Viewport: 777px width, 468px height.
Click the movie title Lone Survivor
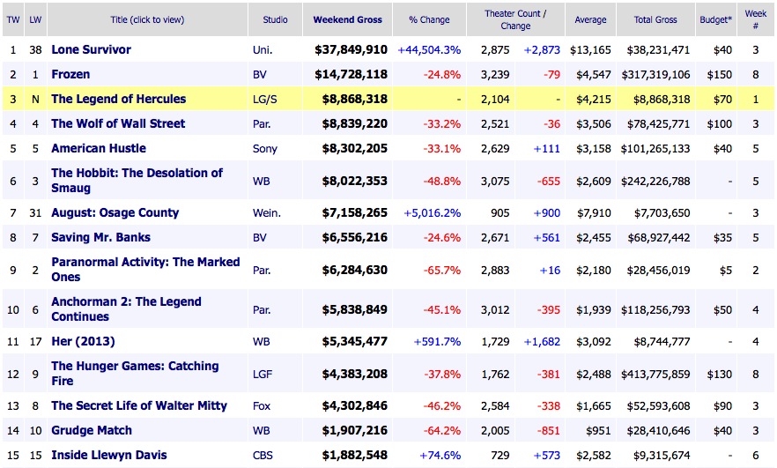point(91,49)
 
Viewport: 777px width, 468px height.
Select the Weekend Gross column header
point(350,19)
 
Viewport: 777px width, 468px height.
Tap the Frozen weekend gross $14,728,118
point(351,74)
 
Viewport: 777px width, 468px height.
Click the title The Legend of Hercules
point(118,99)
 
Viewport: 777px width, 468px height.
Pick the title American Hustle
point(99,148)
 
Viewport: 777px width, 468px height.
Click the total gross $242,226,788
point(655,181)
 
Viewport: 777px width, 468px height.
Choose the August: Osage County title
point(115,212)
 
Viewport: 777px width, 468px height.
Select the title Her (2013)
point(83,341)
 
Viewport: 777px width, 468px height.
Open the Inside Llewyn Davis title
point(108,455)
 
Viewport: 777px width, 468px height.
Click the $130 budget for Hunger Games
point(720,374)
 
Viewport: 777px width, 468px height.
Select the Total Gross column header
point(655,19)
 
